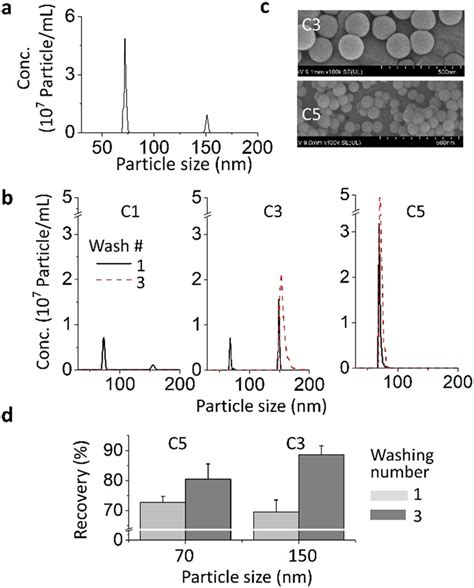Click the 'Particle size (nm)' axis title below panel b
pos(263,405)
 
